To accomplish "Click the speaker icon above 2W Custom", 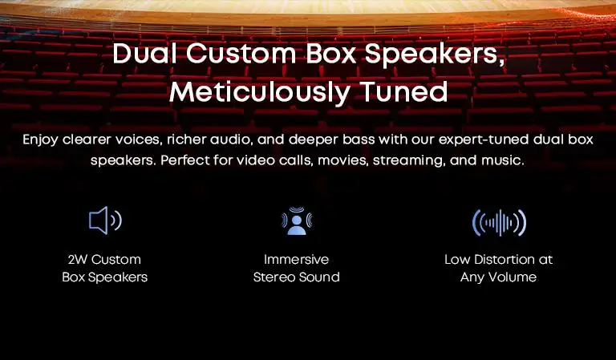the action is click(x=105, y=220).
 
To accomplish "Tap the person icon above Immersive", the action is click(x=297, y=220).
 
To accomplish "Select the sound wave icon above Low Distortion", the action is click(x=499, y=223).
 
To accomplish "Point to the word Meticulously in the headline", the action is click(x=259, y=92).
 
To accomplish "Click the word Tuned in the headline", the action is click(x=403, y=91).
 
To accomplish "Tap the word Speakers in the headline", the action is click(x=435, y=55).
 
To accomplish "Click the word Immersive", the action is click(x=296, y=260).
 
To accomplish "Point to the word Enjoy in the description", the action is click(x=40, y=140).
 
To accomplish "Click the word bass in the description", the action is click(x=359, y=140).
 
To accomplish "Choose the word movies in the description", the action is click(x=343, y=160).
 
